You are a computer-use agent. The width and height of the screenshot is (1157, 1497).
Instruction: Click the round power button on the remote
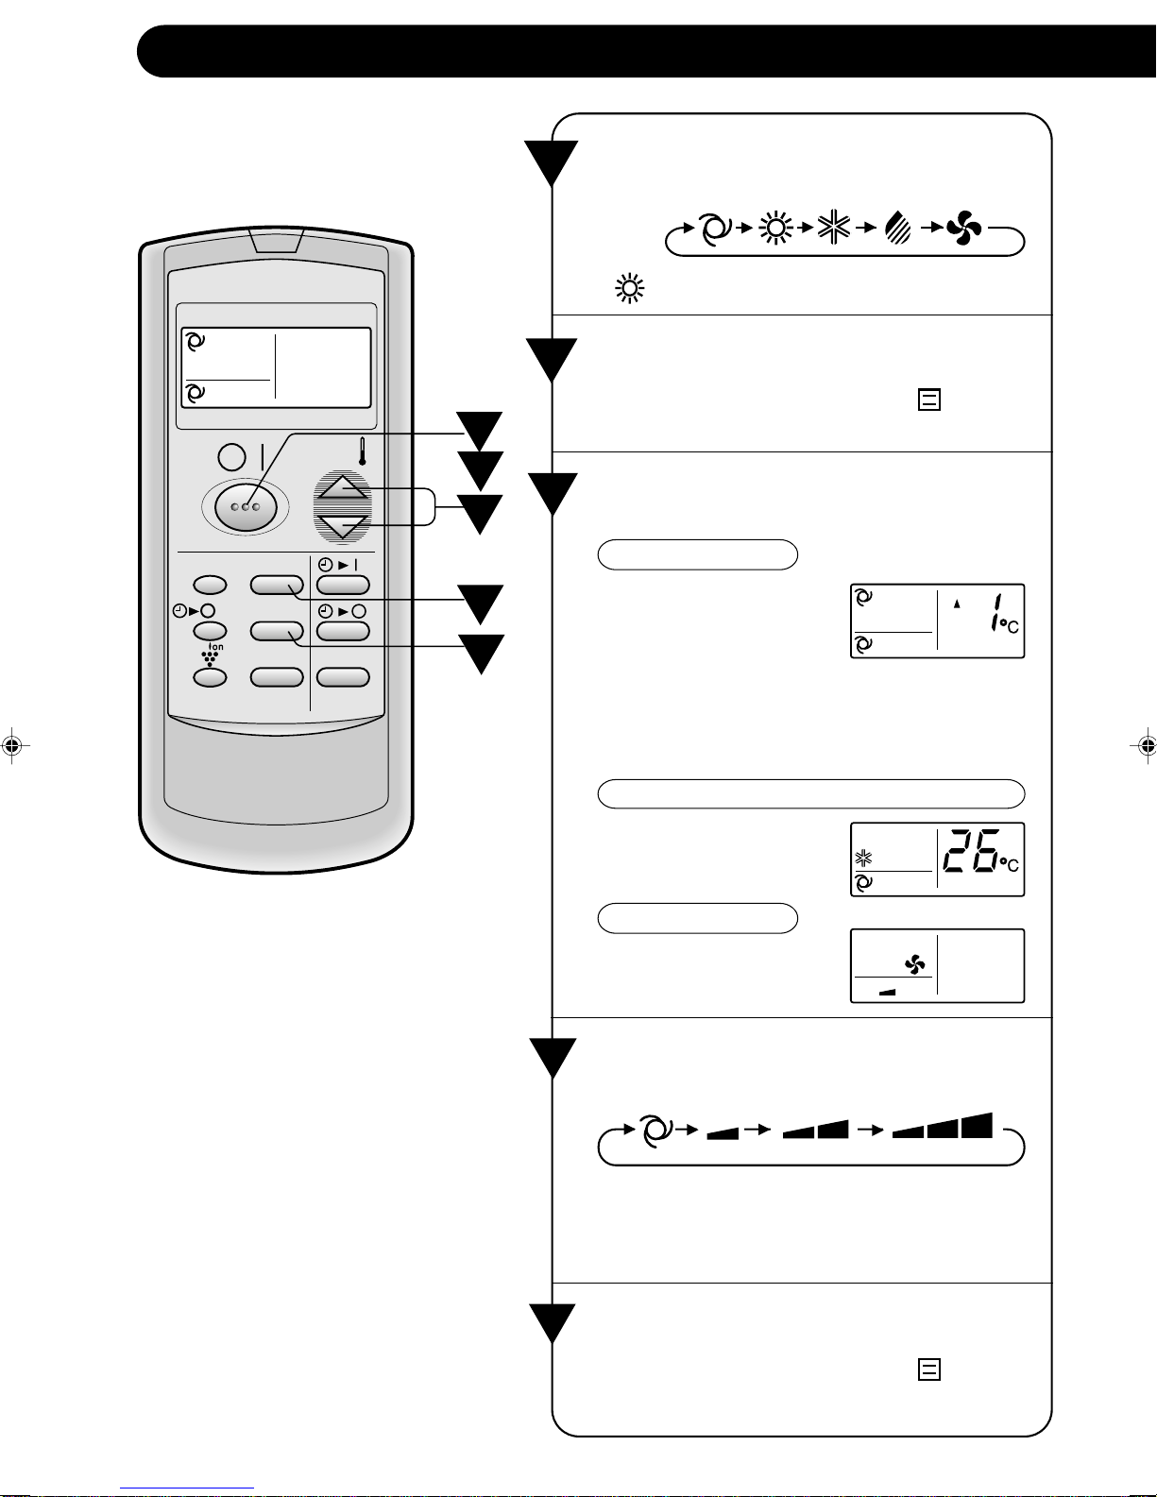pyautogui.click(x=231, y=457)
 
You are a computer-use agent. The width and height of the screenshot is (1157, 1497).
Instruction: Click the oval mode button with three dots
pyautogui.click(x=245, y=507)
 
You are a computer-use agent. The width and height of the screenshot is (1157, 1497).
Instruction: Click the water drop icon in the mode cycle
pyautogui.click(x=898, y=229)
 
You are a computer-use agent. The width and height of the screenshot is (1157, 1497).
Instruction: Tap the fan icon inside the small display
pyautogui.click(x=914, y=965)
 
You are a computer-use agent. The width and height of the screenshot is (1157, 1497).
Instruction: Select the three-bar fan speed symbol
pyautogui.click(x=943, y=1126)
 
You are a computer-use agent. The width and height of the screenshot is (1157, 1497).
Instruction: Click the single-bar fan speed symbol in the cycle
pyautogui.click(x=723, y=1132)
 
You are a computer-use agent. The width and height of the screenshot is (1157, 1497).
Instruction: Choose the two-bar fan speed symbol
pyautogui.click(x=816, y=1130)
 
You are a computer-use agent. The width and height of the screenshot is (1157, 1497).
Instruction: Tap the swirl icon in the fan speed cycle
pyautogui.click(x=655, y=1130)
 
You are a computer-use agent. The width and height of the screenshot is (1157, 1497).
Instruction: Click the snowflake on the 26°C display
pyautogui.click(x=863, y=859)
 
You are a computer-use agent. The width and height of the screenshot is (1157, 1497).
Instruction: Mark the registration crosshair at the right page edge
pyautogui.click(x=1146, y=745)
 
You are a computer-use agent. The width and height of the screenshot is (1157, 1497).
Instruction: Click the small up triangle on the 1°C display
pyautogui.click(x=957, y=604)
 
